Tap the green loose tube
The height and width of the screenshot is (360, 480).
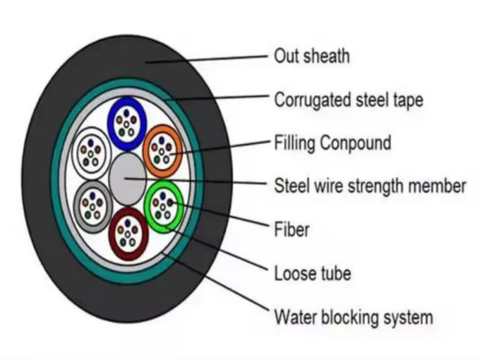pyautogui.click(x=163, y=204)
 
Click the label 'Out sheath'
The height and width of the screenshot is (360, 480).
pyautogui.click(x=312, y=57)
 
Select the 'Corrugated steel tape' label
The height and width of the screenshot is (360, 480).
pyautogui.click(x=348, y=99)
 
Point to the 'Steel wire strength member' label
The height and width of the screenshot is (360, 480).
pyautogui.click(x=369, y=186)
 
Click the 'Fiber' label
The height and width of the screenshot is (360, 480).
pyautogui.click(x=292, y=229)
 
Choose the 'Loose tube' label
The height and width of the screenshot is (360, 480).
pyautogui.click(x=312, y=272)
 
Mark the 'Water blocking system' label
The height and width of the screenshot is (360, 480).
pyautogui.click(x=353, y=317)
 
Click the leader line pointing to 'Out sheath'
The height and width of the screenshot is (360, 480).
pyautogui.click(x=216, y=59)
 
